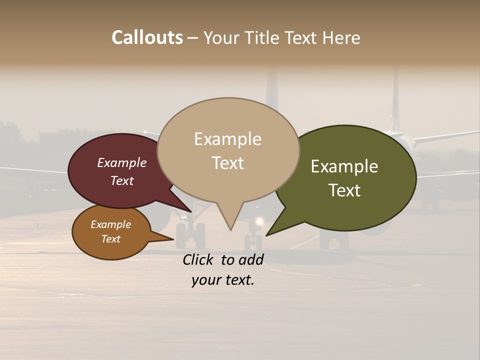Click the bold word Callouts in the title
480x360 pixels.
click(x=147, y=37)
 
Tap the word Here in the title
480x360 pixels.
click(x=341, y=37)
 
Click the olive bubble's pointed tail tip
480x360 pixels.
click(x=267, y=234)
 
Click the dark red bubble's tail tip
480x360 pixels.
click(x=190, y=211)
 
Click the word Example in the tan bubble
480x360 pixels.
click(x=228, y=139)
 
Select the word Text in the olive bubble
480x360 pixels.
click(x=345, y=190)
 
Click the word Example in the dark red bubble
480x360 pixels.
click(x=122, y=163)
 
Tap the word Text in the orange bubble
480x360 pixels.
click(x=111, y=239)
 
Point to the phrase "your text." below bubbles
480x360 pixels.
click(x=223, y=280)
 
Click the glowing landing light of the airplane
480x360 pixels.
click(x=259, y=221)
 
